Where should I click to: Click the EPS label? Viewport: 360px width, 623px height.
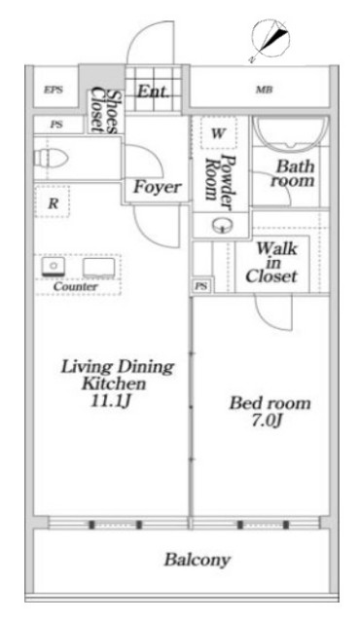54,90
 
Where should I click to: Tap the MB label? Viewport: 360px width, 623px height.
264,90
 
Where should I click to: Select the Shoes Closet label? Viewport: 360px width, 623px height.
105,112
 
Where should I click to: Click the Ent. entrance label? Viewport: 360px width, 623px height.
153,92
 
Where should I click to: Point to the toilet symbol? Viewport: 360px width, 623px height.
51,158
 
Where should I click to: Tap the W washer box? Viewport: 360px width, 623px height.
217,133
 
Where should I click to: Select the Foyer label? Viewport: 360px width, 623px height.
158,187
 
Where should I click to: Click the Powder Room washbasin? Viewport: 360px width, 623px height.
221,226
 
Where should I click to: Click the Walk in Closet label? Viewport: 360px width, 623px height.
271,263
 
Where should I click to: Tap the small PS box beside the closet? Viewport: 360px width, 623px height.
202,286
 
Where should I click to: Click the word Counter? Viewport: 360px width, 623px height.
76,286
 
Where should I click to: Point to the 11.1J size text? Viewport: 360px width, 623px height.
111,401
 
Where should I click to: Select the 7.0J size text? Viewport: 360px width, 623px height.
267,421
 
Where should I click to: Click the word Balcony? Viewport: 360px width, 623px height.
198,561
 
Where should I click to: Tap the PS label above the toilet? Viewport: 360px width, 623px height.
56,125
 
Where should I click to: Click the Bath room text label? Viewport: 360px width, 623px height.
293,173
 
